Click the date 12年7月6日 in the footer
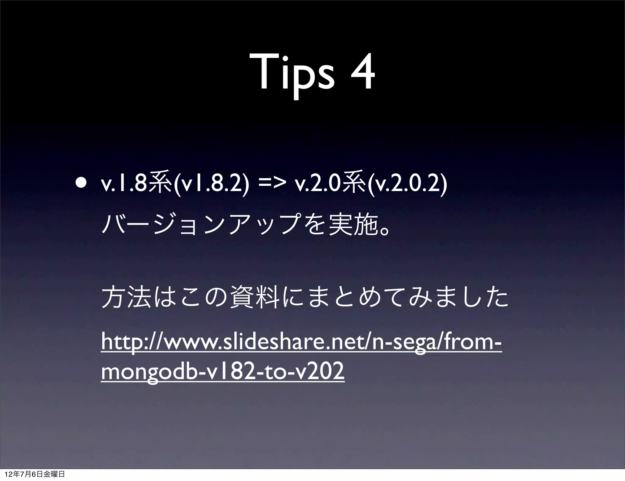(21, 474)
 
